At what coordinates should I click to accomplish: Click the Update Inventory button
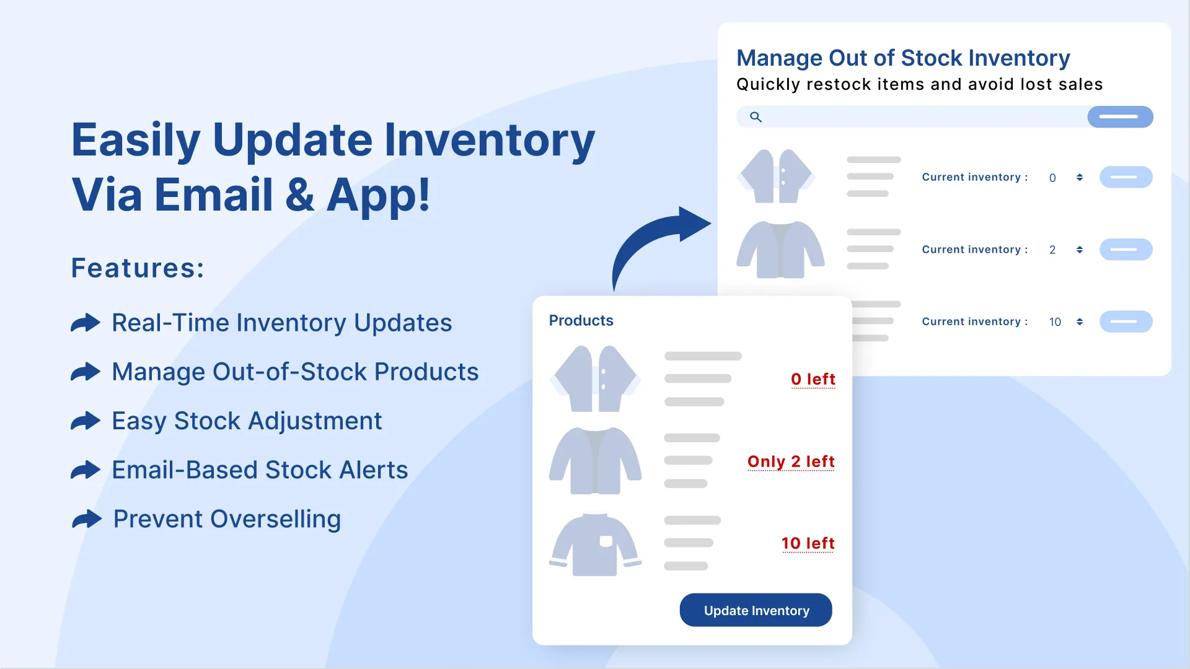[756, 610]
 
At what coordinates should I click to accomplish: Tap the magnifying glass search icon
[756, 116]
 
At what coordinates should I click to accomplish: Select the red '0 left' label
[813, 379]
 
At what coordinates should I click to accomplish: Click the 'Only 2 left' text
[791, 461]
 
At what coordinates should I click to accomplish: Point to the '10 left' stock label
[808, 543]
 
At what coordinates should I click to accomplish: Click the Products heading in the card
[581, 320]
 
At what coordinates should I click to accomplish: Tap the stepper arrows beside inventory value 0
[1080, 177]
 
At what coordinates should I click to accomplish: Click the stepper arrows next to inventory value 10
[1080, 321]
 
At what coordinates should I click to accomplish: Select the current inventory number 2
[1052, 250]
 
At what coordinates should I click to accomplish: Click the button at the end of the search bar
[1120, 116]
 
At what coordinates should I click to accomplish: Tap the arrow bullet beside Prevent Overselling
[87, 519]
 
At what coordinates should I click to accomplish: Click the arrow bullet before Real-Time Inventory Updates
[86, 323]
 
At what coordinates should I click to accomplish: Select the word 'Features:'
[138, 268]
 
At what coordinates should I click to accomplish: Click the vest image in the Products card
[595, 378]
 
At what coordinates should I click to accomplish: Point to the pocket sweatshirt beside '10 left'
[595, 544]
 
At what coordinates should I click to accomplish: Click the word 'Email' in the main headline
[213, 195]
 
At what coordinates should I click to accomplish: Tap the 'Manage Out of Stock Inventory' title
[903, 58]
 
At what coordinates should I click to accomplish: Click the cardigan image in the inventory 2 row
[780, 250]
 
